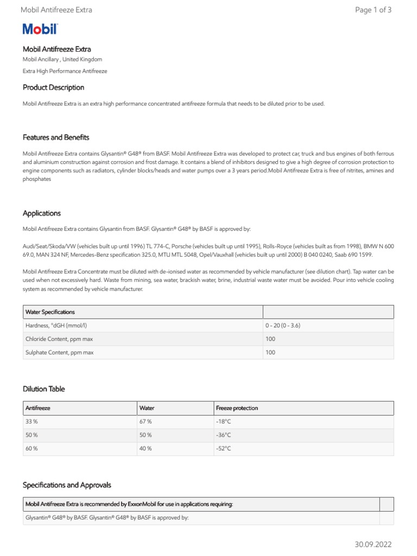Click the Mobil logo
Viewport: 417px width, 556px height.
coord(40,29)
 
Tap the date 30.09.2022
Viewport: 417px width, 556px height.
coord(373,544)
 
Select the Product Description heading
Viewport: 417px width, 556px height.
coord(53,87)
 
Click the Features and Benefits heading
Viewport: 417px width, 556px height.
coord(56,137)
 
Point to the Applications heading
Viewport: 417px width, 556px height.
coord(42,213)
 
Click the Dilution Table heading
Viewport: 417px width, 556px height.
coord(44,389)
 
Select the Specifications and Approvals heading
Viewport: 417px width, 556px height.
coord(67,485)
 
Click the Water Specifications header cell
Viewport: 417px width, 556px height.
coord(50,312)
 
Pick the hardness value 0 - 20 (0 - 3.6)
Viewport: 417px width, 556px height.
coord(283,325)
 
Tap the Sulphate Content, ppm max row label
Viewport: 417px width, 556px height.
coord(60,352)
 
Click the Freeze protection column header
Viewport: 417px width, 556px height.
coord(237,408)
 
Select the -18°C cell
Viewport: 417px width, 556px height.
coord(223,421)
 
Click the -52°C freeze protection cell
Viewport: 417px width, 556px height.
coord(223,448)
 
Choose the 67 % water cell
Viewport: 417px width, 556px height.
coord(146,421)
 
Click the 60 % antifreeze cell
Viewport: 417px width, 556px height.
coord(31,448)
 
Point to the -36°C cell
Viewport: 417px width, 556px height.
coord(223,435)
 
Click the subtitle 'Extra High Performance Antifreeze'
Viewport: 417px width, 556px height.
coord(65,71)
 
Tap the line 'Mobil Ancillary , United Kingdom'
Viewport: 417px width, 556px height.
coord(62,59)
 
